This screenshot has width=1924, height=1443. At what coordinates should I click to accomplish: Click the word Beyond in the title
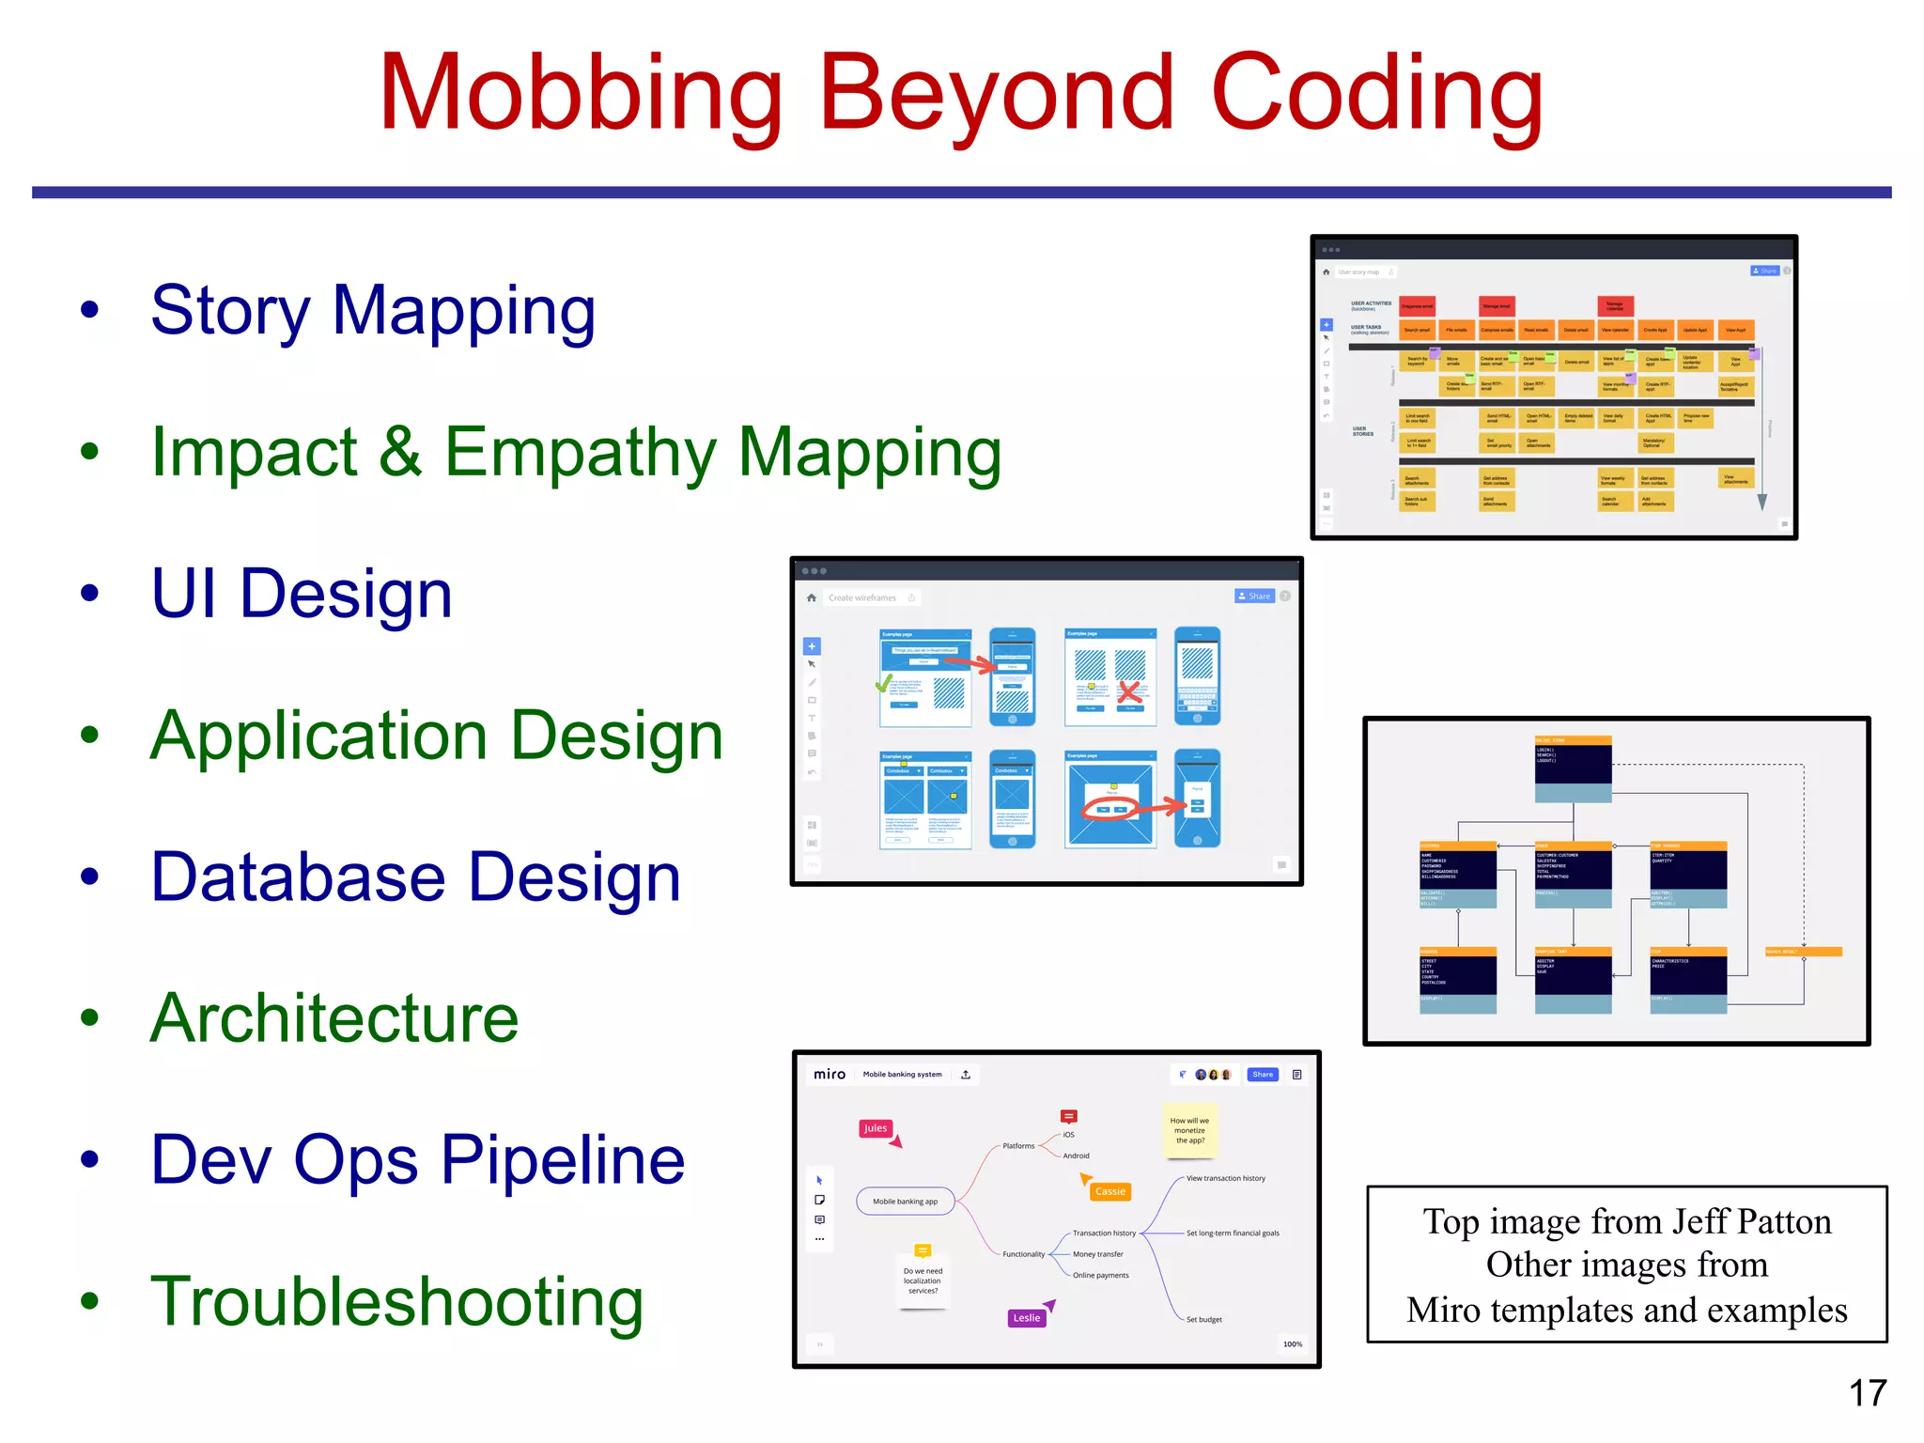pyautogui.click(x=997, y=94)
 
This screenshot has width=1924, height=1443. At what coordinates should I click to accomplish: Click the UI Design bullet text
pyautogui.click(x=302, y=594)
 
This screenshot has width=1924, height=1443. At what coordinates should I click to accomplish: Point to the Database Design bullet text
pyautogui.click(x=415, y=877)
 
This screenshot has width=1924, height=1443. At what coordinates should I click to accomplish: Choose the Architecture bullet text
pyautogui.click(x=334, y=1018)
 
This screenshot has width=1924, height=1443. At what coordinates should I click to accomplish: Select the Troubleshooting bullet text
pyautogui.click(x=396, y=1302)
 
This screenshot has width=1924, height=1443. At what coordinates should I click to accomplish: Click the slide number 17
pyautogui.click(x=1868, y=1392)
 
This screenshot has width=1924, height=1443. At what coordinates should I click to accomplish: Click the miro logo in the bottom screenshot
pyautogui.click(x=829, y=1074)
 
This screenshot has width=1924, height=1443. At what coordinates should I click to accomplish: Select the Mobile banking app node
pyautogui.click(x=905, y=1202)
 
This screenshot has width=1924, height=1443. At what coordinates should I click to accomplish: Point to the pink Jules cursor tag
pyautogui.click(x=876, y=1128)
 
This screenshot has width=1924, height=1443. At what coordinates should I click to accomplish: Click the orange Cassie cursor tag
pyautogui.click(x=1109, y=1191)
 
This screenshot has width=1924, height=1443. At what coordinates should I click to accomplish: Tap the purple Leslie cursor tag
pyautogui.click(x=1027, y=1318)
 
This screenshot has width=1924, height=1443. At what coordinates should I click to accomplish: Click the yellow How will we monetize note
pyautogui.click(x=1189, y=1130)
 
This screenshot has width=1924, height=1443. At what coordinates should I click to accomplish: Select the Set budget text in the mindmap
pyautogui.click(x=1203, y=1320)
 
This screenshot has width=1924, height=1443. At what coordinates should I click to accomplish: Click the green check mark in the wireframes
pyautogui.click(x=884, y=684)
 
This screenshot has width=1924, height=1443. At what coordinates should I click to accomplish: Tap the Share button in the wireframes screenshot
pyautogui.click(x=1254, y=597)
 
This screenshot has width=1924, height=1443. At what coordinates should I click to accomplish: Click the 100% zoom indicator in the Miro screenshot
pyautogui.click(x=1293, y=1344)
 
